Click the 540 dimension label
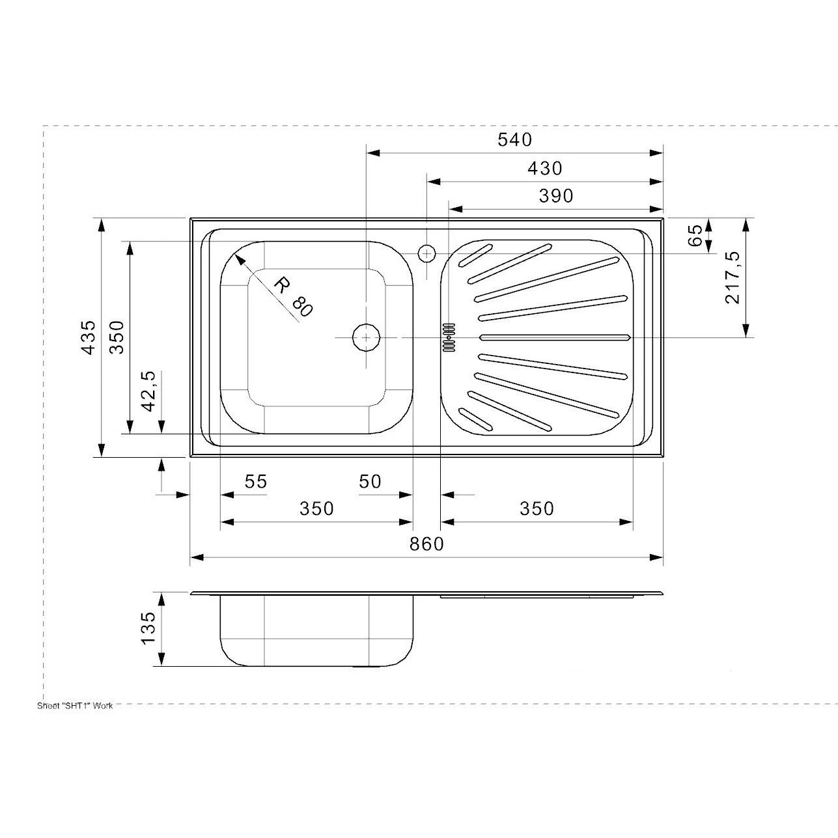(x=514, y=139)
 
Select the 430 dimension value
(x=544, y=169)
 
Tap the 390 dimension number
(x=556, y=195)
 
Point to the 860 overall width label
(x=426, y=544)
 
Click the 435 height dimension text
(x=89, y=337)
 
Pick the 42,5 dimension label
(x=149, y=391)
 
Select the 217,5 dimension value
(x=733, y=277)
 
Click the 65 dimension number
(x=696, y=235)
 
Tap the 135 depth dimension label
(x=148, y=628)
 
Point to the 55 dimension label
(x=255, y=482)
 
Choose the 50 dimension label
(x=370, y=482)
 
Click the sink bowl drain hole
(x=367, y=337)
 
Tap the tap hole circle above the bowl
(x=426, y=253)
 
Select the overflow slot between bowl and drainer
(x=448, y=337)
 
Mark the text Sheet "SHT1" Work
(x=75, y=706)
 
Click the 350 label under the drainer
(x=537, y=508)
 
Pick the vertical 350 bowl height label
(x=117, y=337)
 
